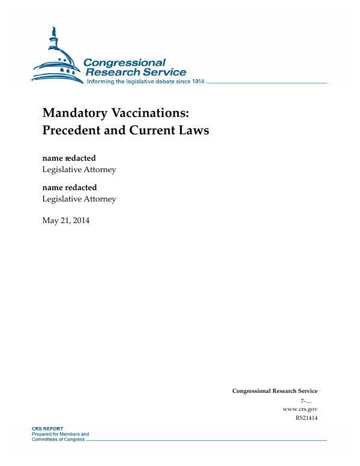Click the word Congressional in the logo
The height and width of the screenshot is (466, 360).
[124, 63]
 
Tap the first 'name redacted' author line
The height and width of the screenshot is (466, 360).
[69, 158]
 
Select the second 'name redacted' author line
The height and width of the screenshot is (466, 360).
[69, 188]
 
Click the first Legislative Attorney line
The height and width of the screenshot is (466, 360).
[79, 170]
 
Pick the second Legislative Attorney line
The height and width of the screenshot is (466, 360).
[79, 199]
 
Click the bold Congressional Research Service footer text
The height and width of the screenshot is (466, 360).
[275, 391]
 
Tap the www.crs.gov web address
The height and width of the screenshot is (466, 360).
[299, 409]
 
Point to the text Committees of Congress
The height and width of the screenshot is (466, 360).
[58, 440]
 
